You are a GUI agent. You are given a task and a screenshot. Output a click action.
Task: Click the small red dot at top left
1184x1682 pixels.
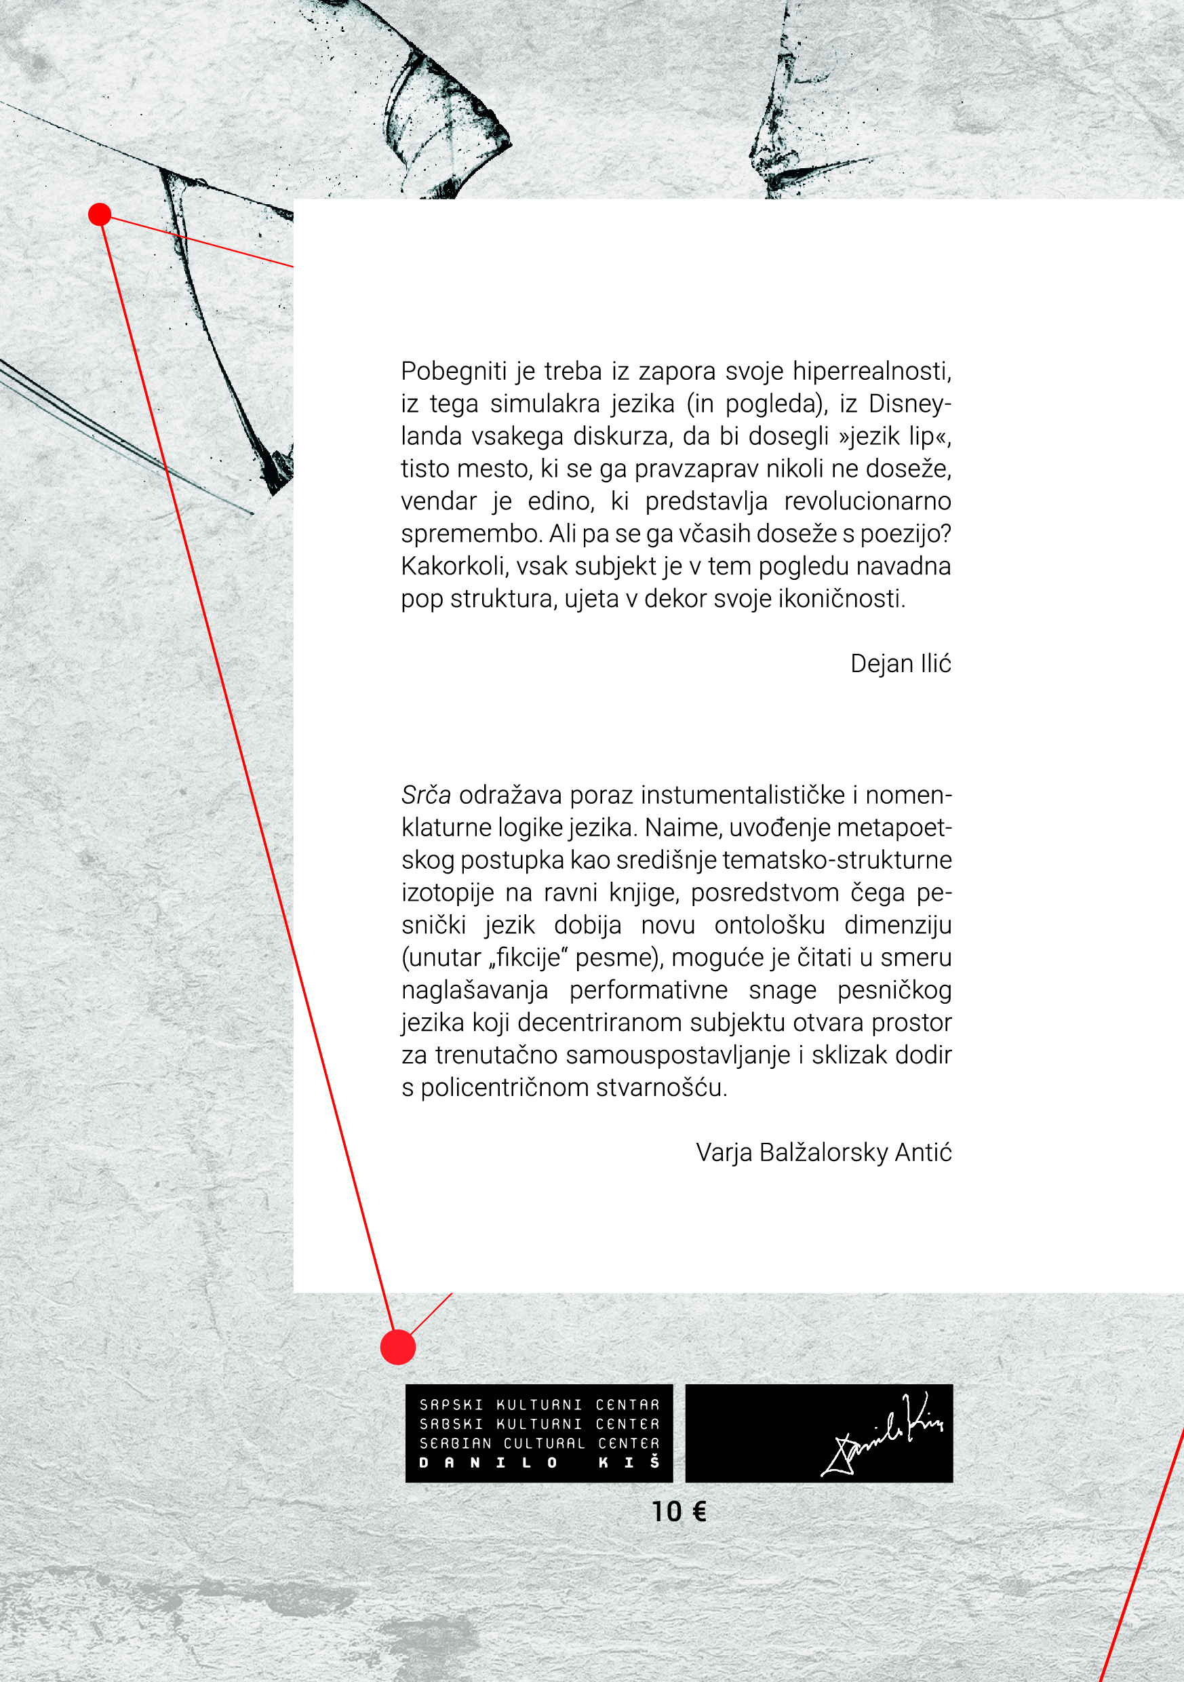click(x=100, y=214)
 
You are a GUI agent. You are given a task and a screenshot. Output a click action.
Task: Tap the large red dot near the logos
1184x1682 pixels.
click(x=398, y=1347)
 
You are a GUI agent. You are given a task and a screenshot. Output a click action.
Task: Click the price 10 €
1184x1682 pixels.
click(x=679, y=1511)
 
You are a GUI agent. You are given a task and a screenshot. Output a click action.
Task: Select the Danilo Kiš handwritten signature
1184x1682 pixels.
click(x=884, y=1433)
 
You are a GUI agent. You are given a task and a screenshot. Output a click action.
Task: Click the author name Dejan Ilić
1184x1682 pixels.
click(x=901, y=664)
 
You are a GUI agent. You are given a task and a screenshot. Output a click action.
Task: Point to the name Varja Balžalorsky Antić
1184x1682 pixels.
click(x=823, y=1152)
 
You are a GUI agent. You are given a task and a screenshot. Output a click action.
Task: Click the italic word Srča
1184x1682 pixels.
click(x=426, y=795)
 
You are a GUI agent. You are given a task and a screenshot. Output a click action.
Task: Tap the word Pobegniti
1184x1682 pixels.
click(x=454, y=372)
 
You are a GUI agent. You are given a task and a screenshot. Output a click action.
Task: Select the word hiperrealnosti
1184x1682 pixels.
click(x=872, y=372)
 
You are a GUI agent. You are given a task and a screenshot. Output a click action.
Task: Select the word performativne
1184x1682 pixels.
click(x=648, y=990)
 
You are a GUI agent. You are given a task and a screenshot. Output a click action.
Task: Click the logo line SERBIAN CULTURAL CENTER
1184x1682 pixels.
click(x=539, y=1443)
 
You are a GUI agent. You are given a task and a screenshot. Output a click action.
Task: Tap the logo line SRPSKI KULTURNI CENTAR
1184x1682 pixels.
click(x=539, y=1405)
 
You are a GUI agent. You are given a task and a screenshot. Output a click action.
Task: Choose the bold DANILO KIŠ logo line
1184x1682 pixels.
click(x=539, y=1463)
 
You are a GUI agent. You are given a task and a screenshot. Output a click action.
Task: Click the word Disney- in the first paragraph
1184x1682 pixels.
click(x=910, y=404)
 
